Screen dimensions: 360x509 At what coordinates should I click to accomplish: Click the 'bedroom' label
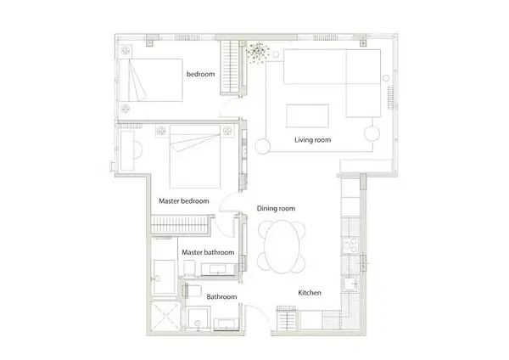click(201, 75)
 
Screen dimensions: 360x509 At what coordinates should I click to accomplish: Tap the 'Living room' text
click(312, 140)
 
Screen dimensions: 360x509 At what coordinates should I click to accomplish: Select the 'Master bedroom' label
click(183, 201)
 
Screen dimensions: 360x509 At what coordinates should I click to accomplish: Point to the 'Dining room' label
click(276, 209)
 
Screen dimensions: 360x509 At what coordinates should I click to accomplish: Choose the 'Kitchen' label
click(309, 293)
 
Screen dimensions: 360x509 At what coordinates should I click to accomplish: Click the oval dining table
click(282, 247)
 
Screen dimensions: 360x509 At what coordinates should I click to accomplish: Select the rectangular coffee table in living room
click(308, 115)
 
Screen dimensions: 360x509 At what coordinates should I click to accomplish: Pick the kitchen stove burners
click(349, 247)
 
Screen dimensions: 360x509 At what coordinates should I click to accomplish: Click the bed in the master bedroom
click(196, 156)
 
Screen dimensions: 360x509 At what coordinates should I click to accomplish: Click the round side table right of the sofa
click(373, 133)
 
